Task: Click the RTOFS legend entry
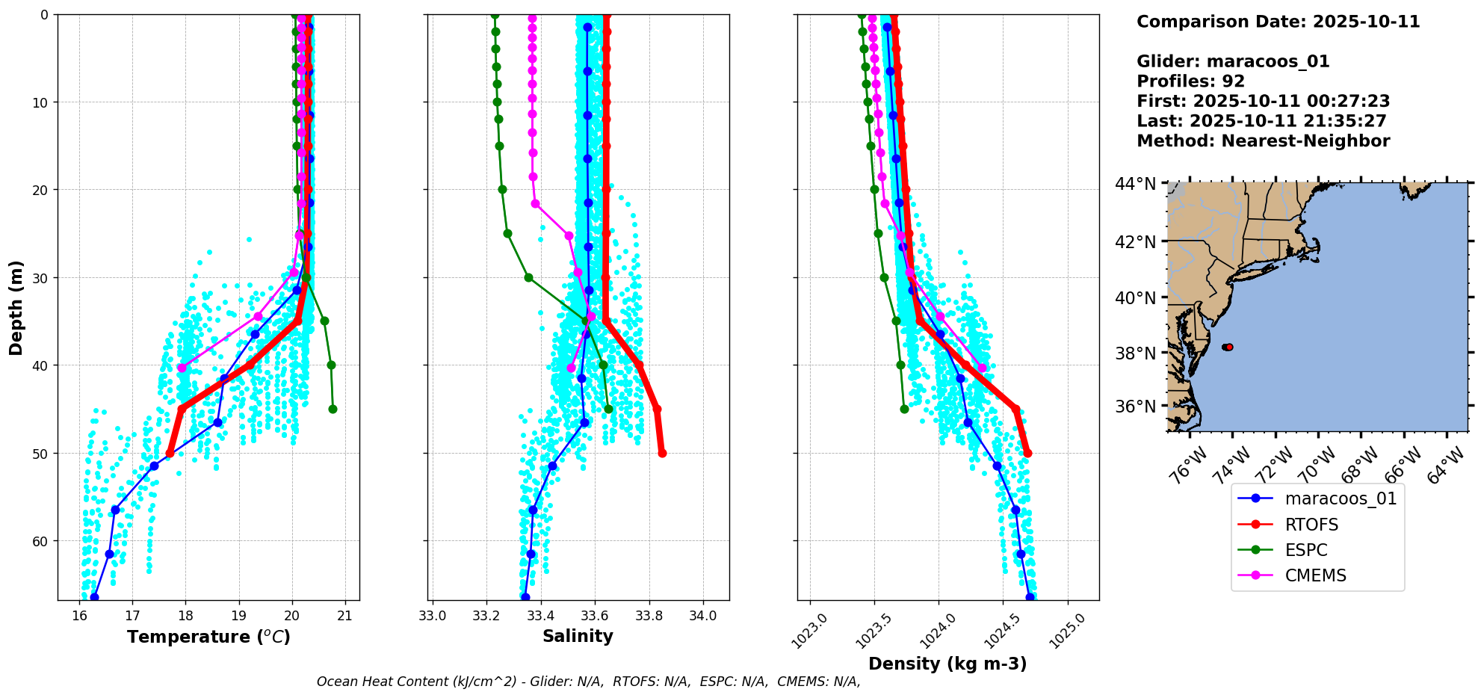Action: click(1311, 525)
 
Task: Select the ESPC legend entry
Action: click(1306, 550)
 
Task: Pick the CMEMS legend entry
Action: click(1315, 575)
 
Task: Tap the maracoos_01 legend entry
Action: click(1341, 498)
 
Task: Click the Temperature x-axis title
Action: click(208, 637)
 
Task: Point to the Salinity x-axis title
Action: click(578, 636)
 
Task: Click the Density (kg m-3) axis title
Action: click(947, 664)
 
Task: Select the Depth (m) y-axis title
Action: click(16, 307)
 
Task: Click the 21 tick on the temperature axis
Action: click(344, 616)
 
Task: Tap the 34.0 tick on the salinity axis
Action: click(703, 616)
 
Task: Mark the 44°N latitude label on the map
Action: click(1135, 184)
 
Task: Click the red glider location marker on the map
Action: click(1228, 347)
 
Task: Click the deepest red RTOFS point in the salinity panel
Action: click(662, 453)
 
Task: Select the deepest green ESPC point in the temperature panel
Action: click(333, 409)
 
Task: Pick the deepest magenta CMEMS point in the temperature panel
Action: click(182, 368)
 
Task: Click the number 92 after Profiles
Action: click(1234, 81)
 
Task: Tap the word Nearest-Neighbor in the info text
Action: click(1305, 141)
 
